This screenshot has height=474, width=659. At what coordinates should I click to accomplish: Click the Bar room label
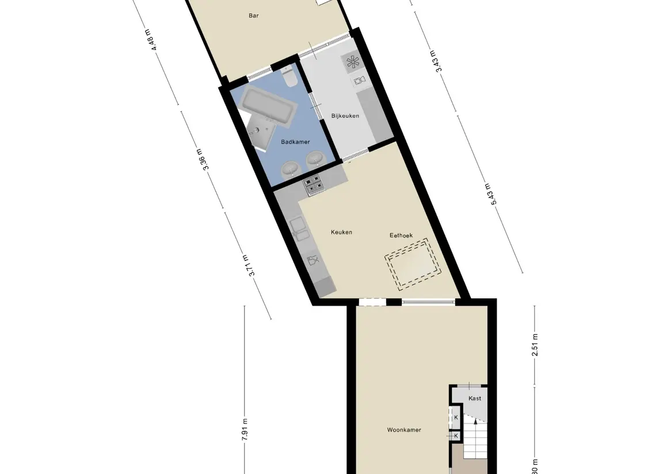click(x=253, y=16)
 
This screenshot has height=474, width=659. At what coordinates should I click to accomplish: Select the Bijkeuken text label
click(x=345, y=116)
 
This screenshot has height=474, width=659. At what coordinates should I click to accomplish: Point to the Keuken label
click(x=341, y=232)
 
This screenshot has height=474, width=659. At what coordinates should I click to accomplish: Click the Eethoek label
click(x=401, y=235)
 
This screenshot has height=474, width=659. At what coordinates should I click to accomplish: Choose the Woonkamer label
click(x=407, y=430)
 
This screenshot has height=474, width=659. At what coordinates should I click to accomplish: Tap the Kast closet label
click(x=475, y=398)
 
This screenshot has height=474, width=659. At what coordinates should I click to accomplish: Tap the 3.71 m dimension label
click(x=248, y=265)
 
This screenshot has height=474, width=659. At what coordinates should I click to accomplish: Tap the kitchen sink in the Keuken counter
click(x=299, y=229)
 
